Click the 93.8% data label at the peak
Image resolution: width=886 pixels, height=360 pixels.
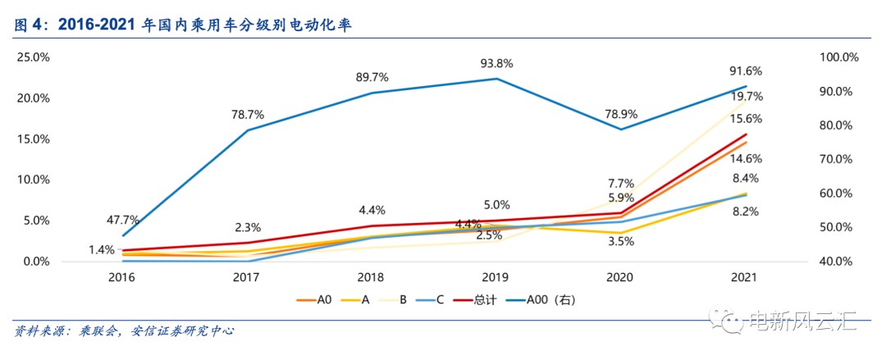496,63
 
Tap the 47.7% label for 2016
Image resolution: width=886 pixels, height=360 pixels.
123,220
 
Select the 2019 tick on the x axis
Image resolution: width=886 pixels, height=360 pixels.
496,279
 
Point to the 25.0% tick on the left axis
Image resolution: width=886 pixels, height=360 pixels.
33,57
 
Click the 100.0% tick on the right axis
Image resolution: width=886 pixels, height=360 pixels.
838,57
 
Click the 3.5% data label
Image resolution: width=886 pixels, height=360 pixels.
621,242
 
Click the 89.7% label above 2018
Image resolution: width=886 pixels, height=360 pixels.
372,77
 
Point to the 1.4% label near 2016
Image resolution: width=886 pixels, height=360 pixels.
101,248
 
